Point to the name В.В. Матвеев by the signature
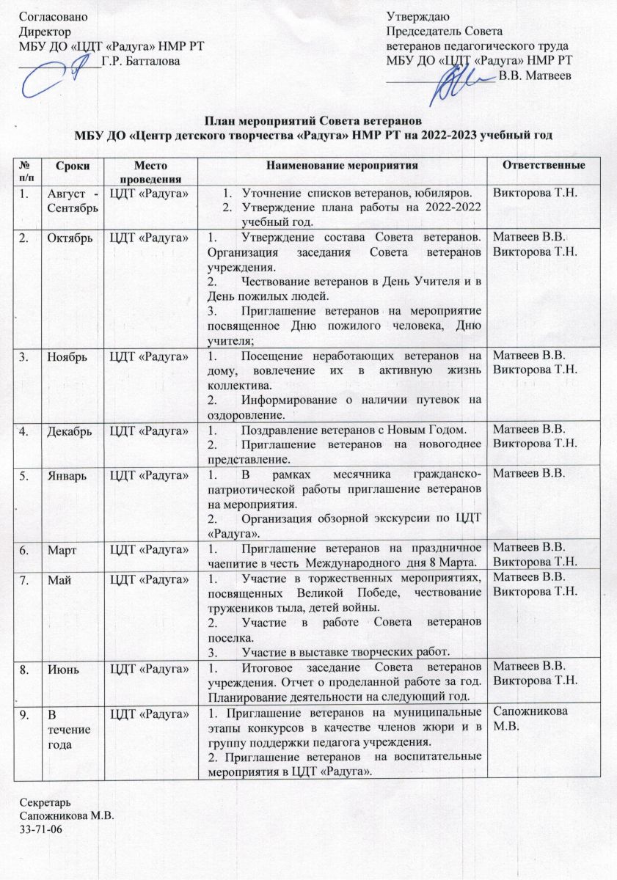click(x=532, y=74)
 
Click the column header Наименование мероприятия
click(x=342, y=166)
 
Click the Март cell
click(x=62, y=546)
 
